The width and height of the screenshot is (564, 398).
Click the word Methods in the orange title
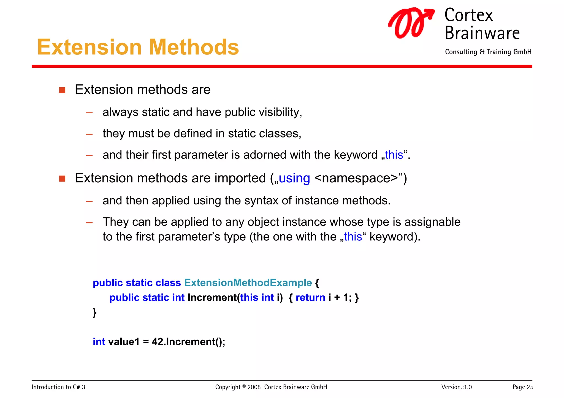194,47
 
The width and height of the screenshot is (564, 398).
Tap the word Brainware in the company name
482,33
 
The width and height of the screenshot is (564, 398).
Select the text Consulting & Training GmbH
488,52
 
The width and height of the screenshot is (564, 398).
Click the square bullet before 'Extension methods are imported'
62,179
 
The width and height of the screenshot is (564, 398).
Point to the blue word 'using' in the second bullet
294,178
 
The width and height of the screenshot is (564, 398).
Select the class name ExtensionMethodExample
248,283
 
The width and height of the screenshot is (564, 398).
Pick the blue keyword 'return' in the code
310,298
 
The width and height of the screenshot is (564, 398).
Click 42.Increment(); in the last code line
188,342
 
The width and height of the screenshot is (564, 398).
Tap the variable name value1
124,342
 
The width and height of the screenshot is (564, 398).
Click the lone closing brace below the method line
94,312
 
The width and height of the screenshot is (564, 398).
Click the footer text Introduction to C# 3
58,387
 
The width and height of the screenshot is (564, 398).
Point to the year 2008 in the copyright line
254,387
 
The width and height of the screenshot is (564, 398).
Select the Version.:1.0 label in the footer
456,387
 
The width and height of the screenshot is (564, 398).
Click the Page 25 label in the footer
523,387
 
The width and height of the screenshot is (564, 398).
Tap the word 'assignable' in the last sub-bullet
432,222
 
